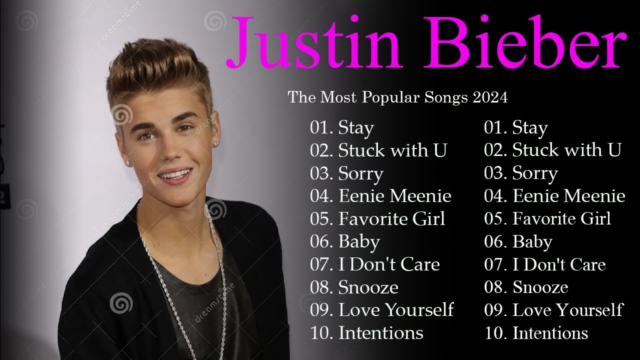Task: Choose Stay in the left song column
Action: point(356,128)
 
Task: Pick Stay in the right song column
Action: point(530,128)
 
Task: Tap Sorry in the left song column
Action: point(360,174)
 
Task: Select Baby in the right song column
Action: point(532,242)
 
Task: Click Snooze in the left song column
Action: point(368,287)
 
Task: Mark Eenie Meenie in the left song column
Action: point(394,196)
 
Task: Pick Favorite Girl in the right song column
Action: point(561,219)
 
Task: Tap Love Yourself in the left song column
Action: point(396,310)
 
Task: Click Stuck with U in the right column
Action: point(566,150)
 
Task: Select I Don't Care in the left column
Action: point(389,264)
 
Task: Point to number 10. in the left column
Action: point(321,333)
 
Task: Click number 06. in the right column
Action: point(495,242)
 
